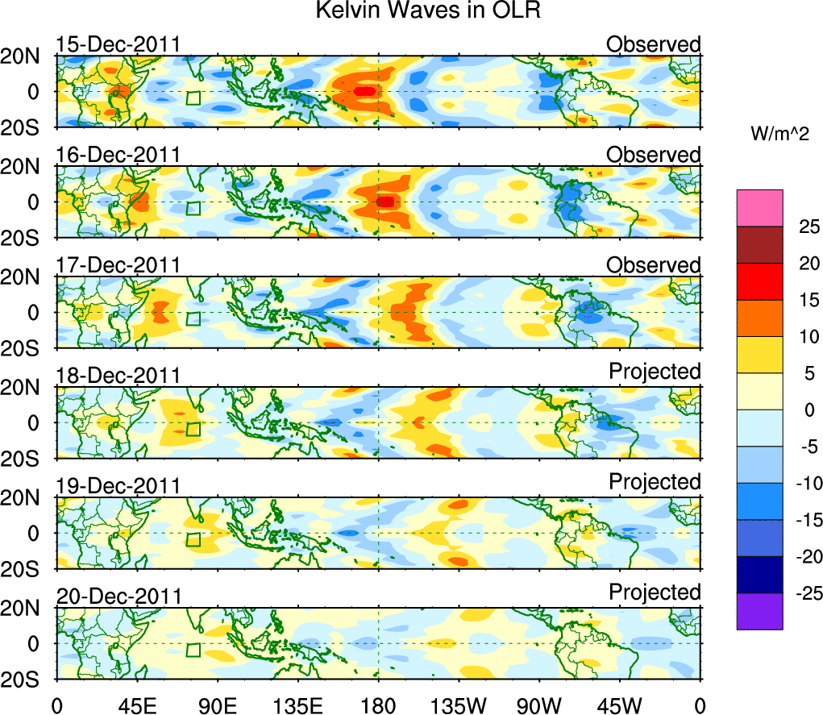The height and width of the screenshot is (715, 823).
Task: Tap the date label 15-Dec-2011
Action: coord(118,44)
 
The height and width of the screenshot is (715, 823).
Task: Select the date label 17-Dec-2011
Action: coord(118,265)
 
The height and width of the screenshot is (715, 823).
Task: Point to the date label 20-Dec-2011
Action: coord(118,597)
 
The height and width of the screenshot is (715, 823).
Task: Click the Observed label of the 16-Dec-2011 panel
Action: coord(654,154)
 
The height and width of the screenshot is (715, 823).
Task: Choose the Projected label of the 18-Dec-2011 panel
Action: coord(655,372)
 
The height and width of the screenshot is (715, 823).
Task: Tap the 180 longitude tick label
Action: coord(379,705)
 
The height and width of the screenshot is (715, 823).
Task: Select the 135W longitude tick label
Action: coord(459,705)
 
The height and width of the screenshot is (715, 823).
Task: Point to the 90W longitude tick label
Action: coord(539,705)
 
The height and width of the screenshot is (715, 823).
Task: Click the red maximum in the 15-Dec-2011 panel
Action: coord(364,91)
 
